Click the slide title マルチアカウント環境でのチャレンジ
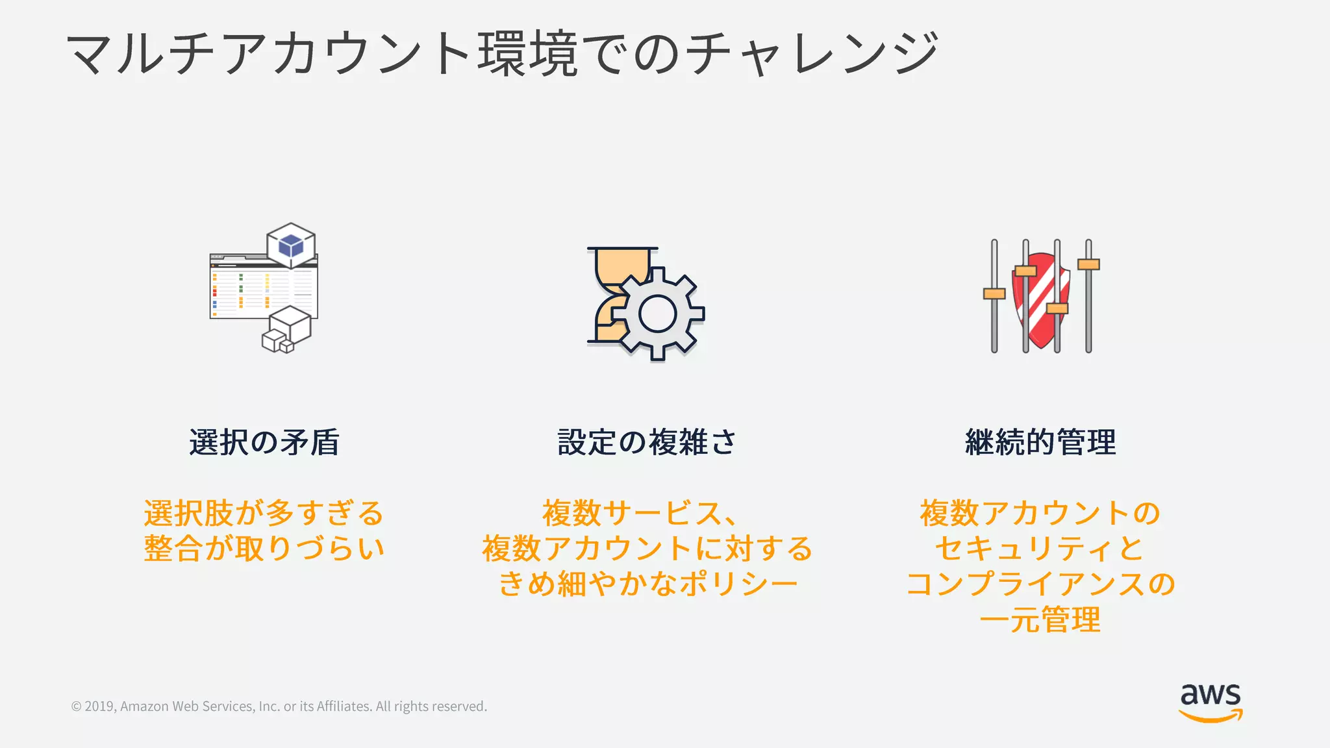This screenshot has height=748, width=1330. coord(501,53)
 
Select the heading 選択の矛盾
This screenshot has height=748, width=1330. coord(264,442)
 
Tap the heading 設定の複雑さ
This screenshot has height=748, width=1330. coord(647,442)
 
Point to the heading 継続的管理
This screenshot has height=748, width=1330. coord(1040,442)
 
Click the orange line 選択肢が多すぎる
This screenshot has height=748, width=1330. coord(264,513)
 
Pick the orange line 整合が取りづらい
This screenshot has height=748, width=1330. coord(264,548)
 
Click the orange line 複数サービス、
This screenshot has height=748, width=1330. coord(640,513)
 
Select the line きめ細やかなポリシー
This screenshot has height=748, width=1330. coord(647,583)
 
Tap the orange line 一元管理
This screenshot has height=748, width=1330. coord(1040,619)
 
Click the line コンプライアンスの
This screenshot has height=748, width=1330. coord(1040,583)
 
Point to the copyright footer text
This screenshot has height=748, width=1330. coord(279,706)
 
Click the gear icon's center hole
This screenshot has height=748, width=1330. coord(657,314)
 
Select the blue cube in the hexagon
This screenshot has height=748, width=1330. coord(291,245)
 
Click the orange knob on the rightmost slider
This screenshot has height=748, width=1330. coord(1088,264)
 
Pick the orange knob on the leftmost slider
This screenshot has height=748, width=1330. coord(994,293)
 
